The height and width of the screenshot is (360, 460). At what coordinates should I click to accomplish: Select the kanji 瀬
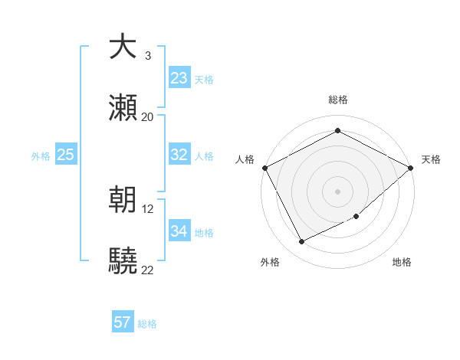(x=123, y=107)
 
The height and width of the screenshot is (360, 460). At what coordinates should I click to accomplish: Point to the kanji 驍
(x=123, y=261)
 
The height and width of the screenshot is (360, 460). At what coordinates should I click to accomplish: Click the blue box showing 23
(x=179, y=78)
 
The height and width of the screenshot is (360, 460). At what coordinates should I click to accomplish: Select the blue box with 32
(x=179, y=155)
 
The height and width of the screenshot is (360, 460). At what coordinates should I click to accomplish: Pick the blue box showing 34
(x=179, y=231)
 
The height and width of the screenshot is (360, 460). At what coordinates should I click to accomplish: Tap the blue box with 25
(x=66, y=155)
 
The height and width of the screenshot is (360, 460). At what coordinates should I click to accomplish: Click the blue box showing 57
(x=123, y=322)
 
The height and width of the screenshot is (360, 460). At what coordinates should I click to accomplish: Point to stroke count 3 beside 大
(x=148, y=56)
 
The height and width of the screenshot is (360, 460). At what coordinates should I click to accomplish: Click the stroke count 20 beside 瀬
(x=148, y=117)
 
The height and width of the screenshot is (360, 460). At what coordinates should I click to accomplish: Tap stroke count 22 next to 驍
(x=148, y=270)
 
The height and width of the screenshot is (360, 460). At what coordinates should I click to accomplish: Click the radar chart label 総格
(x=337, y=100)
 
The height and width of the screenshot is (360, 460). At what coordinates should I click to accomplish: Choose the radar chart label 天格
(x=431, y=159)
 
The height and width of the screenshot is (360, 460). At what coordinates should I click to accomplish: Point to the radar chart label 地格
(x=402, y=262)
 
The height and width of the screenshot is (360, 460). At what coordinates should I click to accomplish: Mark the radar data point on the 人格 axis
(x=264, y=167)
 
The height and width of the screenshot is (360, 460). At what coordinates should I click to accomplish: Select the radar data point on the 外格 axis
(x=301, y=242)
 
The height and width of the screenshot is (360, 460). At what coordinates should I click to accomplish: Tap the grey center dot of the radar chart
(x=337, y=191)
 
